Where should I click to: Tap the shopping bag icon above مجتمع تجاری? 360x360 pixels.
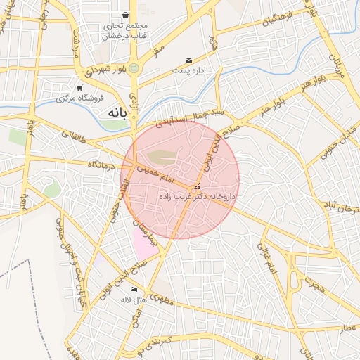125,15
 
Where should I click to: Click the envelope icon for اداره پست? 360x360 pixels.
188,60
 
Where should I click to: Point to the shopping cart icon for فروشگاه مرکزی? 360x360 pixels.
79,88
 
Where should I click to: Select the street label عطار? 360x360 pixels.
347,328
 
